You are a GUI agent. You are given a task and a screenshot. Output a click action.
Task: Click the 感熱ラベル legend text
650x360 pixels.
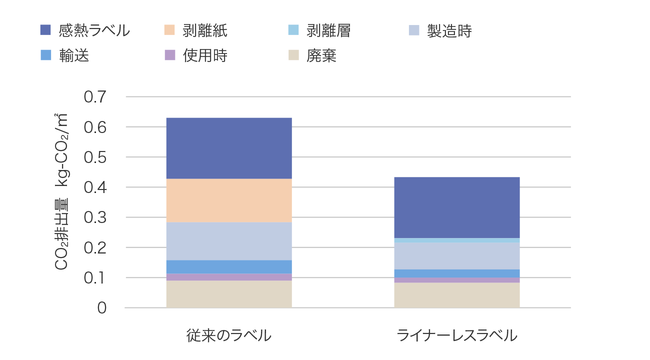(x=94, y=31)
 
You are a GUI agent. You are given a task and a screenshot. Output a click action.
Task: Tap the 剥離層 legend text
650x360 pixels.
(x=328, y=31)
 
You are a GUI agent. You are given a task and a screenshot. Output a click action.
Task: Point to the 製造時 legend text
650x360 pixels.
(x=449, y=31)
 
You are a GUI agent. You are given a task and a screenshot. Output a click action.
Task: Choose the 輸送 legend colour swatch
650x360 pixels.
(x=46, y=55)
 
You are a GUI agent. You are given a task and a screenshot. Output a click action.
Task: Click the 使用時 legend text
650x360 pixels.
(x=205, y=55)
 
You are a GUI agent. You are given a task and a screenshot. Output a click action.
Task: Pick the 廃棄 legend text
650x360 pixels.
(x=321, y=55)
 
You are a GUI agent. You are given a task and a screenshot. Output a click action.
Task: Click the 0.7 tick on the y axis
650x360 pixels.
(x=95, y=97)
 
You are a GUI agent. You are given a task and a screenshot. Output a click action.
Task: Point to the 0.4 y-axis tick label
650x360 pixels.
(x=95, y=187)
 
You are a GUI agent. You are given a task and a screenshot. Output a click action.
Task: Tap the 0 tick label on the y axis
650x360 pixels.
(x=101, y=308)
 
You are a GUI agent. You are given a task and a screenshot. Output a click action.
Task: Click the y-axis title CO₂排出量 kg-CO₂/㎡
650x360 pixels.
(x=61, y=192)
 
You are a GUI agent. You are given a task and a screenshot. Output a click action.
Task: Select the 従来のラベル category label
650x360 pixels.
(x=229, y=335)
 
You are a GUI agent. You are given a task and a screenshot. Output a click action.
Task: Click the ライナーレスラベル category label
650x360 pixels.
(x=456, y=335)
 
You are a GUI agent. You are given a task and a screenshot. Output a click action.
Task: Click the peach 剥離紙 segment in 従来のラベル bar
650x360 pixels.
(x=229, y=200)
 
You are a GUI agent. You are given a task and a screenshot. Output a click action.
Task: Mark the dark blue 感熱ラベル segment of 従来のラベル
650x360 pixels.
(x=229, y=148)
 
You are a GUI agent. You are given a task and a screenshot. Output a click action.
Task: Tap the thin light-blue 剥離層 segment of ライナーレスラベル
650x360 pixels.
(x=456, y=240)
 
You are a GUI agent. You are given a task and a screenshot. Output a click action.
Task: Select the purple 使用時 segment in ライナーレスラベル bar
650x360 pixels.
(x=456, y=280)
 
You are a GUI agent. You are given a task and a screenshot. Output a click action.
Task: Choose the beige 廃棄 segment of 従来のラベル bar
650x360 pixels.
(x=229, y=294)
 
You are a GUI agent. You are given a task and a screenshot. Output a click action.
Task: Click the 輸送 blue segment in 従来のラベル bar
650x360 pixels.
(x=229, y=267)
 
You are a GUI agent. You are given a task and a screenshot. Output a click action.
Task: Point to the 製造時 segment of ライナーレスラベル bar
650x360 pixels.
(x=456, y=256)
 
